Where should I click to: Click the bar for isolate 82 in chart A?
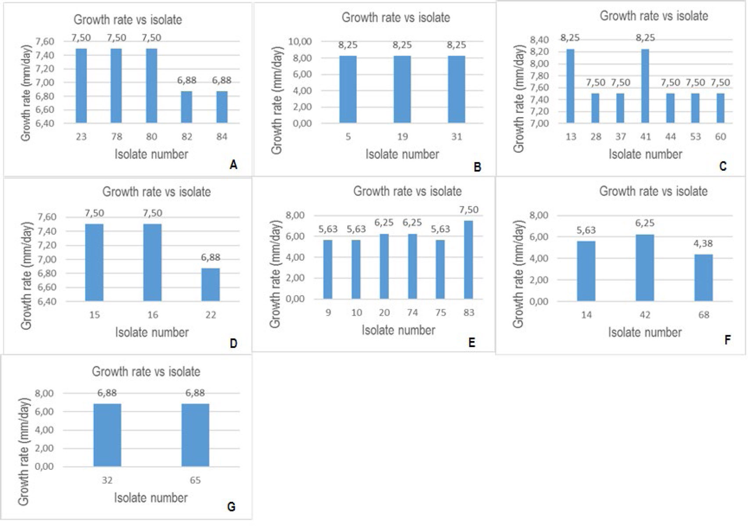click(187, 107)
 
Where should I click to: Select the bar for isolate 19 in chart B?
click(402, 89)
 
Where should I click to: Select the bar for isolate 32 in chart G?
click(107, 435)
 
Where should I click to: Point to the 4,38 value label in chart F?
click(703, 243)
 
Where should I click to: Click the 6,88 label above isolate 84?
click(222, 80)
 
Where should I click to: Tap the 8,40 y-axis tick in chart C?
click(539, 40)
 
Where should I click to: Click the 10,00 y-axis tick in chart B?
click(300, 42)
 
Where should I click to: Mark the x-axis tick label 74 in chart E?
click(412, 312)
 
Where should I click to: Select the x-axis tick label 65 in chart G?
click(195, 480)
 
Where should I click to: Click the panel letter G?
click(231, 507)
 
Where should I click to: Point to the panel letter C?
click(723, 166)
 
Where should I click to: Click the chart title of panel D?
click(156, 192)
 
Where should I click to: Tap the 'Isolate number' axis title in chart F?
click(645, 332)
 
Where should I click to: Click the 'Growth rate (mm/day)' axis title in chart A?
click(26, 93)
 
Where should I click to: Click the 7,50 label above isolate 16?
click(152, 213)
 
